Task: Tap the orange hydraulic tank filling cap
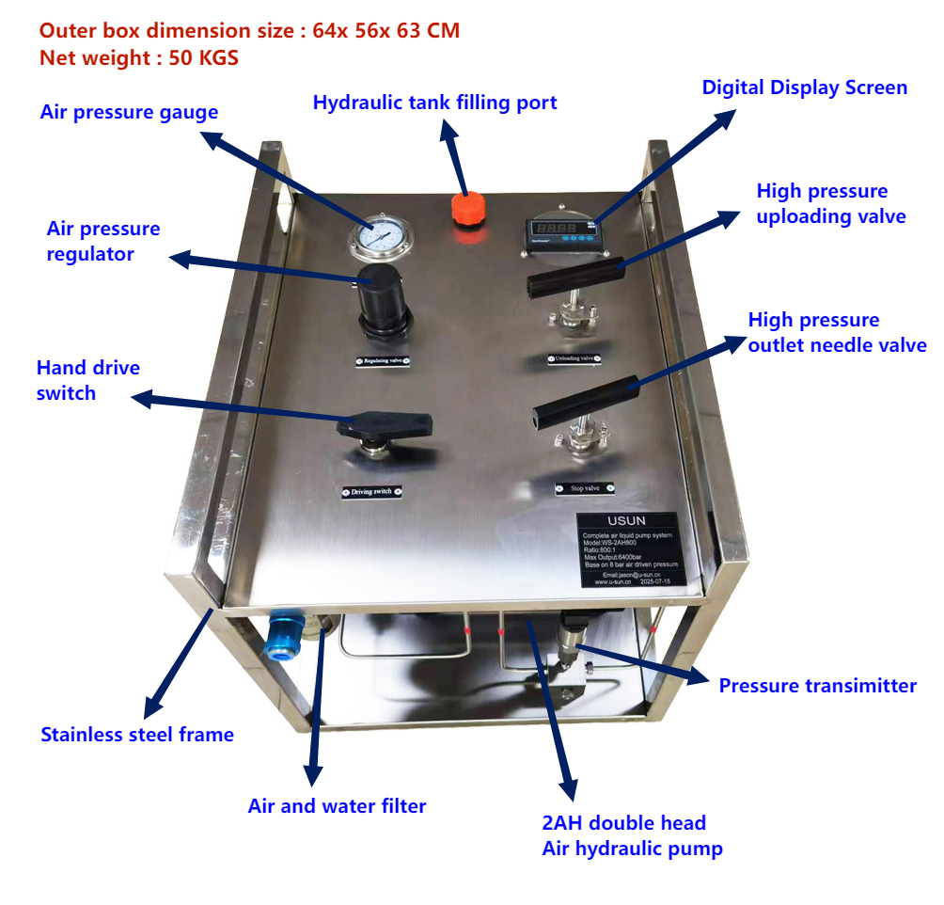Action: [x=466, y=208]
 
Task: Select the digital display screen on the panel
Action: [x=560, y=230]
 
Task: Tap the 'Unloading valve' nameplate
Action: [x=573, y=357]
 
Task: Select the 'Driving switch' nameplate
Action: [x=372, y=491]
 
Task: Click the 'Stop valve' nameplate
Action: [x=584, y=488]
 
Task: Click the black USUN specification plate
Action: [x=626, y=551]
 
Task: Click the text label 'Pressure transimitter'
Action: [x=817, y=686]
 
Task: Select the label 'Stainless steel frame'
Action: [x=137, y=735]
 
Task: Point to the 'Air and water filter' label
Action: [x=337, y=806]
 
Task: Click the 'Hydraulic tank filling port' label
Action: [x=434, y=103]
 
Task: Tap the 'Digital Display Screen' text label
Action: [x=804, y=87]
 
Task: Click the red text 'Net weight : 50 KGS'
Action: [x=139, y=58]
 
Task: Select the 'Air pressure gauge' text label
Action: [x=129, y=112]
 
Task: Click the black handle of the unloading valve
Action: [x=574, y=277]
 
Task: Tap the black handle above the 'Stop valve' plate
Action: [x=583, y=400]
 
